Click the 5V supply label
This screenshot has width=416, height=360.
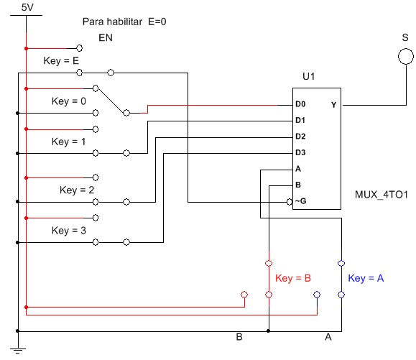(27, 7)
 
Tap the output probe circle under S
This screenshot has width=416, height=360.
(406, 49)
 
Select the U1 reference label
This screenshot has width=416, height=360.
(309, 76)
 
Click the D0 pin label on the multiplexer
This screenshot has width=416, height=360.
(300, 104)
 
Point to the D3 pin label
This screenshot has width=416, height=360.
(300, 152)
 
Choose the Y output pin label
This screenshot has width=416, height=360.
(333, 105)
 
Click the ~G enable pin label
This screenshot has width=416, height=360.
(300, 201)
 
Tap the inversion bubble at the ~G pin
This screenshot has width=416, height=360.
(290, 202)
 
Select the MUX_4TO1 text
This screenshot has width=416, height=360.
(381, 195)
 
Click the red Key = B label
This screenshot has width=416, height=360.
(293, 278)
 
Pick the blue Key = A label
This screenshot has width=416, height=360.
(366, 278)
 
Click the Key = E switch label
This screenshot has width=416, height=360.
(61, 61)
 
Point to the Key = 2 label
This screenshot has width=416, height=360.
(77, 190)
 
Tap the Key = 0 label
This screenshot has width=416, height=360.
(69, 101)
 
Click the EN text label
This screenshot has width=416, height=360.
(106, 37)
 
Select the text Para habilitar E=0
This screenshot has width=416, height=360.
(124, 22)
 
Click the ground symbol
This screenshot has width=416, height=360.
(18, 351)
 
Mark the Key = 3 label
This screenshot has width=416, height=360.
(69, 230)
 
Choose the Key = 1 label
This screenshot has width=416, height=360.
(68, 142)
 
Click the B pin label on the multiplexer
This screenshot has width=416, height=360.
(298, 185)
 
